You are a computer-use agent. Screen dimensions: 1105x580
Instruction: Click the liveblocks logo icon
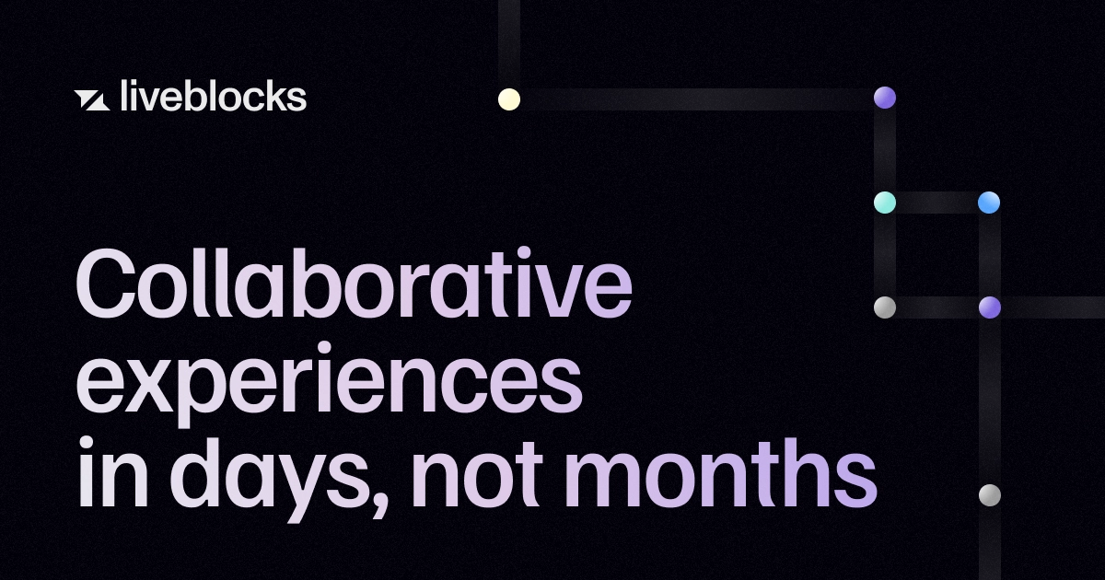point(92,100)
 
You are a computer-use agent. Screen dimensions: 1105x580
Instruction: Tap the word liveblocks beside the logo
point(213,96)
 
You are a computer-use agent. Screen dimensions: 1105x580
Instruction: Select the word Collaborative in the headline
point(354,283)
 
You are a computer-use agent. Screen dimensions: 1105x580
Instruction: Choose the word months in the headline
point(721,472)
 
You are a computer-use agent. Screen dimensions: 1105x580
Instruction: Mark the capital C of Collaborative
point(106,283)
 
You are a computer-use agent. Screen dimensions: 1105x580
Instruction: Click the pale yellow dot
point(509,99)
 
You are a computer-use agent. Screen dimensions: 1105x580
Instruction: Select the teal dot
point(885,203)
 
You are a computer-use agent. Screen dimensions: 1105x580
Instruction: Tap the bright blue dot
point(989,203)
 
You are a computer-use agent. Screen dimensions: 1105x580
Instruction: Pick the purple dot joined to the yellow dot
point(885,98)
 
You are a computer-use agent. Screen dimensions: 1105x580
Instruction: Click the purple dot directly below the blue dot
point(990,307)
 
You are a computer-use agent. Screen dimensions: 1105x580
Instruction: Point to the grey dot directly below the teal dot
point(885,307)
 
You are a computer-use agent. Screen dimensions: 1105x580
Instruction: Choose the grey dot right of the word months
point(990,495)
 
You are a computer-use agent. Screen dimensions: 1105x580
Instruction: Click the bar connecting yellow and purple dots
point(697,99)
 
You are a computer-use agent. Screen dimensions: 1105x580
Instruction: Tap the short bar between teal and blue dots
point(937,203)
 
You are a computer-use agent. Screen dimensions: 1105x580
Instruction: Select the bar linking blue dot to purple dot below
point(990,256)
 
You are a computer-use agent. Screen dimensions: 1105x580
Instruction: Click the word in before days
point(113,472)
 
